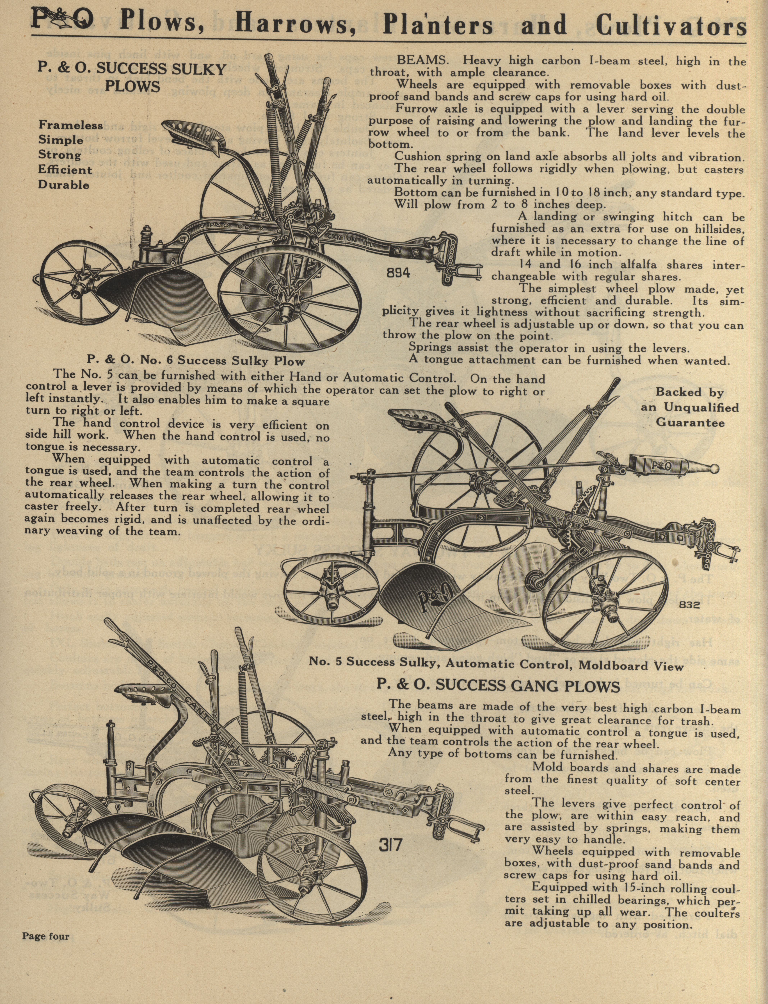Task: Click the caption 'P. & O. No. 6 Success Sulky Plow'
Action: click(x=196, y=361)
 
